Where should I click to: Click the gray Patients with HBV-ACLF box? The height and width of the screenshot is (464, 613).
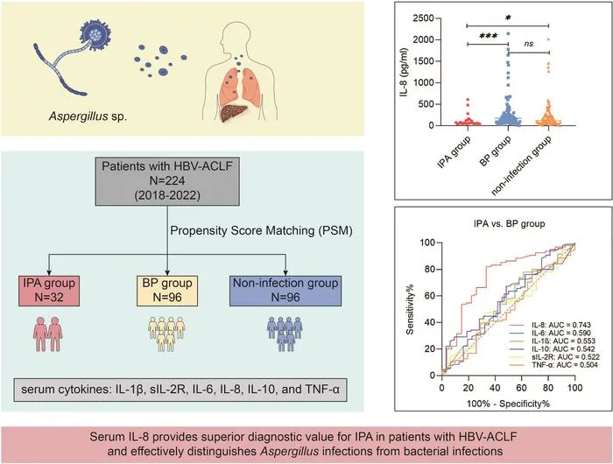[x=167, y=181]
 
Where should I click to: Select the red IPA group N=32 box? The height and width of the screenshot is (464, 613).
[x=49, y=291]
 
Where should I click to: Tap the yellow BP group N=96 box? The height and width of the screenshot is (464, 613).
[x=167, y=291]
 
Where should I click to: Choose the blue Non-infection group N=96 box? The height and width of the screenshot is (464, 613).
[x=285, y=291]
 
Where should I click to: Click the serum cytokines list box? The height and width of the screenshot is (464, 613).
[x=180, y=390]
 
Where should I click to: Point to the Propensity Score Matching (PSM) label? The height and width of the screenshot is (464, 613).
[x=261, y=230]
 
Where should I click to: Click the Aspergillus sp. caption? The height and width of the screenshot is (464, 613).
[x=88, y=116]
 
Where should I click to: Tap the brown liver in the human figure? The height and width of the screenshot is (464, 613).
[x=234, y=113]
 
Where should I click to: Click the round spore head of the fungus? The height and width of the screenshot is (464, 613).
[x=95, y=34]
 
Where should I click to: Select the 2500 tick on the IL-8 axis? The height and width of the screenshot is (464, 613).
[x=423, y=18]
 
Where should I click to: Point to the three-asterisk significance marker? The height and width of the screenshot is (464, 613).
[x=489, y=37]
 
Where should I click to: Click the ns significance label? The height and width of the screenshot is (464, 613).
[x=529, y=44]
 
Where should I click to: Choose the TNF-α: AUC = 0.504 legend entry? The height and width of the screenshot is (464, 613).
[x=565, y=365]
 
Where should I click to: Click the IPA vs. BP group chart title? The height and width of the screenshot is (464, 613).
[x=509, y=224]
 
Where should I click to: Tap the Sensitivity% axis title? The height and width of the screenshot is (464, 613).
[x=410, y=309]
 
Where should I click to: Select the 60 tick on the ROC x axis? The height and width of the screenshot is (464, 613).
[x=522, y=388]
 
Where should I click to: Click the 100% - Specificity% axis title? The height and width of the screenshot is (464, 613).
[x=508, y=404]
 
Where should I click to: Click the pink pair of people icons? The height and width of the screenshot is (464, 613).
[x=48, y=334]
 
